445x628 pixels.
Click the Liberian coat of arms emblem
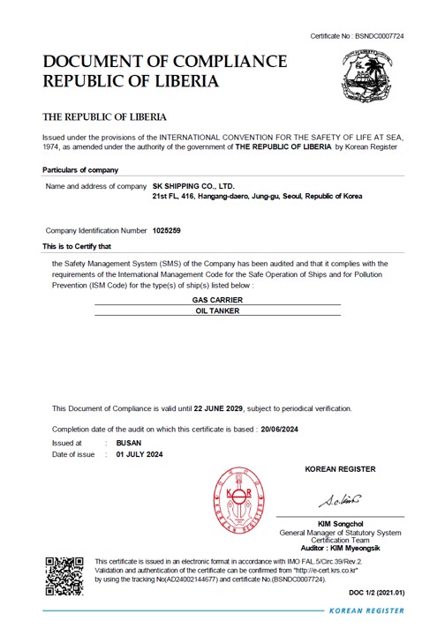(x=372, y=78)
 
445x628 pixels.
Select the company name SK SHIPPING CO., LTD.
(x=193, y=187)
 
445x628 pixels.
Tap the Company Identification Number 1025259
(x=167, y=230)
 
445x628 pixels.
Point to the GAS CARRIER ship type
(x=217, y=300)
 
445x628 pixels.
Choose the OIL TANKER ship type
(x=217, y=310)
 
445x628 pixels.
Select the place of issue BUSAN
(x=129, y=443)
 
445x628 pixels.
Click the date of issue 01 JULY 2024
(x=140, y=454)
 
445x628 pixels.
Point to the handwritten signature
(x=340, y=502)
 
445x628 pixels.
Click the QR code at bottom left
(x=64, y=576)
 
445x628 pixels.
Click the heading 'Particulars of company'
(x=80, y=169)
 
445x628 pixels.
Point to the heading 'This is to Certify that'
(x=77, y=246)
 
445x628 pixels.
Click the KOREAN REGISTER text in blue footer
(x=366, y=610)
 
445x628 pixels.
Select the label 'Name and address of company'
(x=95, y=187)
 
